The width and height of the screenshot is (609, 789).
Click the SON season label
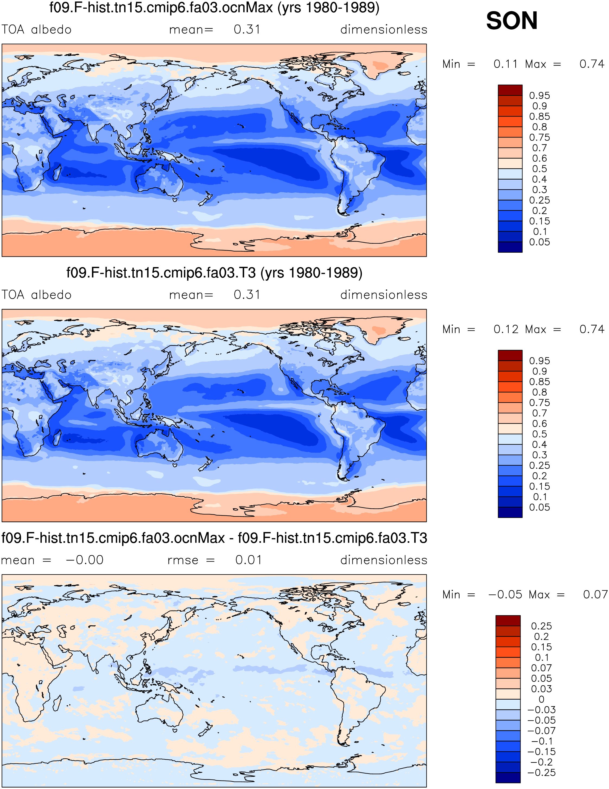tap(512, 21)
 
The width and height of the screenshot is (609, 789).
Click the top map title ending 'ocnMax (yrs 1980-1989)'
tap(214, 8)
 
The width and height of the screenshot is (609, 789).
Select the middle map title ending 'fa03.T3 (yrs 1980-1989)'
tap(214, 273)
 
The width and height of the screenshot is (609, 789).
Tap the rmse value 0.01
tap(248, 560)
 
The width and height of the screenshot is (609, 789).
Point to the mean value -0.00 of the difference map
tap(85, 560)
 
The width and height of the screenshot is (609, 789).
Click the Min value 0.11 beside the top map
tap(505, 64)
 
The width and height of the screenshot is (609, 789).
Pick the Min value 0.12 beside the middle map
tap(505, 330)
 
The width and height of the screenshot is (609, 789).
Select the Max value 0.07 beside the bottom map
tap(595, 595)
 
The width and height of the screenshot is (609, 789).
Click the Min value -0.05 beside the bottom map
tap(505, 595)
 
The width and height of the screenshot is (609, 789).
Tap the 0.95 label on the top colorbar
tap(539, 96)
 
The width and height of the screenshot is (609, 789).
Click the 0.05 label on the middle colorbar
tap(539, 508)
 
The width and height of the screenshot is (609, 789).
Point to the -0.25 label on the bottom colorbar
tap(541, 773)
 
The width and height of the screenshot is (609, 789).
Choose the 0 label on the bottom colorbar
tap(541, 699)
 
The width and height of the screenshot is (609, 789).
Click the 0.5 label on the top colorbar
tap(539, 169)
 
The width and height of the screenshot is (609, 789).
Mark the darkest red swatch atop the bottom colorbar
tap(508, 621)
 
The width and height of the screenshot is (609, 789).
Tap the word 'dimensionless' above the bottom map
tap(384, 560)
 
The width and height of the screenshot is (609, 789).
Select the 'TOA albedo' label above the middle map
tap(36, 295)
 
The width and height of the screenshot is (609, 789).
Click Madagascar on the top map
tap(57, 172)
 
